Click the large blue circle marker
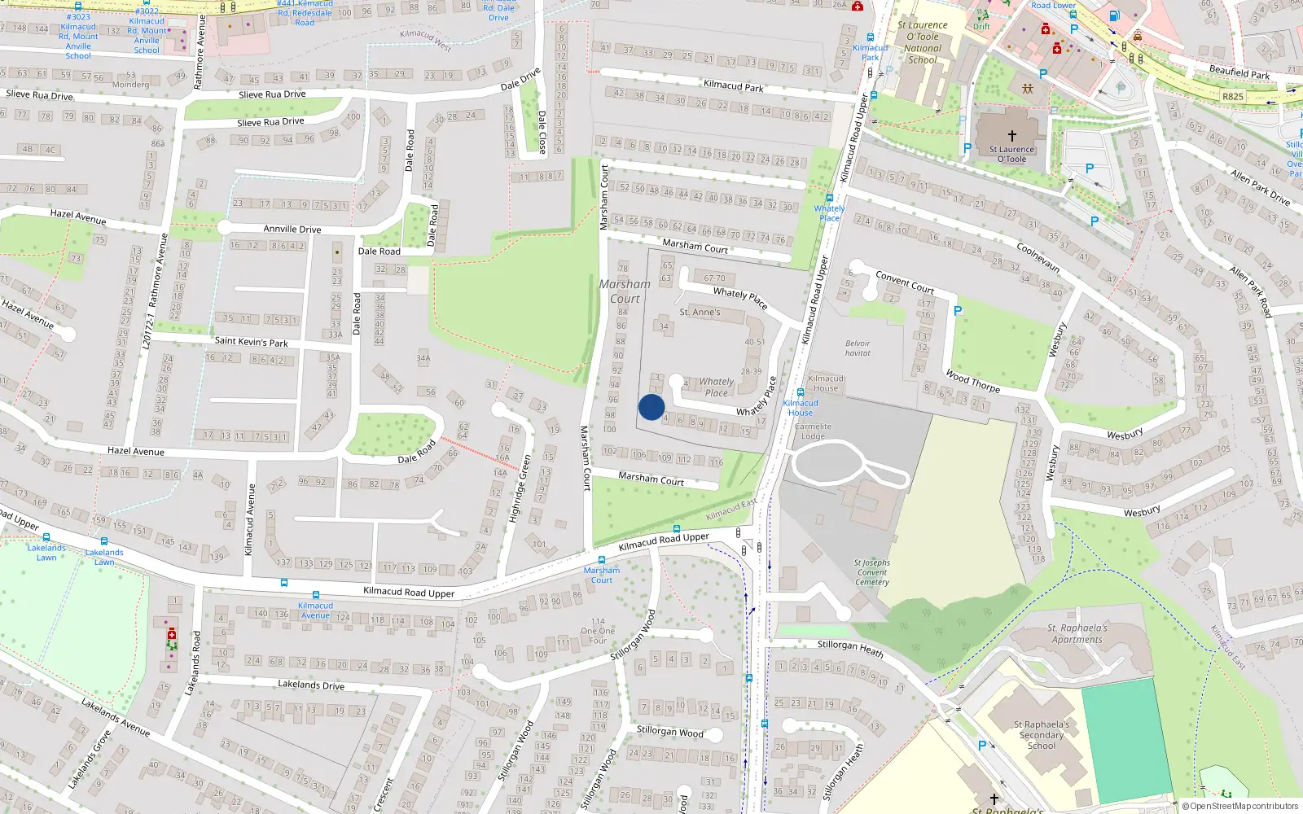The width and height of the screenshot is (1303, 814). click(x=651, y=407)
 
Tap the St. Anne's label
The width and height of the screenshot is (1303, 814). click(x=700, y=312)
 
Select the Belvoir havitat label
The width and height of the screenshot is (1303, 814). click(x=858, y=348)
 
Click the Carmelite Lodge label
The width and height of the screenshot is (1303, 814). click(x=813, y=431)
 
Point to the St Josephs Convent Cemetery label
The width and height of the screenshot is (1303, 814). click(x=872, y=572)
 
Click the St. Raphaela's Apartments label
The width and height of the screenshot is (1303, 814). click(x=1077, y=633)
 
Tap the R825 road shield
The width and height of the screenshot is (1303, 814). click(x=1233, y=96)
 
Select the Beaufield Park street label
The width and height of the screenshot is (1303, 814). click(x=1239, y=72)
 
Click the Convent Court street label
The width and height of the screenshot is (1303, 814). click(x=904, y=282)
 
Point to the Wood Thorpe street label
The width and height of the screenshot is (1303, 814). click(x=972, y=381)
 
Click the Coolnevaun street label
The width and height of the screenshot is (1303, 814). click(x=1038, y=256)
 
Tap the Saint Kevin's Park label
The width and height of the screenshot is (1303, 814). click(x=251, y=342)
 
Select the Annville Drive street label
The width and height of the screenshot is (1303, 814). click(x=292, y=230)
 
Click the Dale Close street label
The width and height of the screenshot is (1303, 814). click(x=542, y=132)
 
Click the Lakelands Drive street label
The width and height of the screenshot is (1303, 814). click(x=310, y=685)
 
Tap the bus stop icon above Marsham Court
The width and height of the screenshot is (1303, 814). click(x=602, y=560)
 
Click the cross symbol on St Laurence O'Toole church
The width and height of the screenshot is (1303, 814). click(x=1011, y=136)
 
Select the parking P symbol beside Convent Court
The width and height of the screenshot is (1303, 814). click(x=958, y=311)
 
